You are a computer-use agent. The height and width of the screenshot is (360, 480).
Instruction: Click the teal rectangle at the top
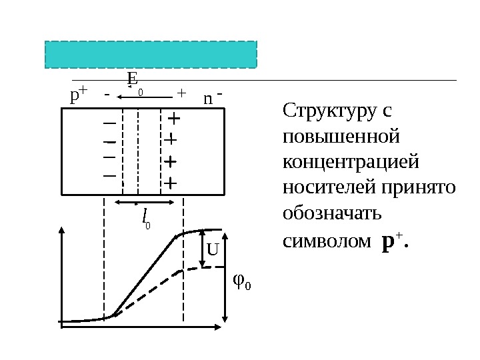(x=151, y=55)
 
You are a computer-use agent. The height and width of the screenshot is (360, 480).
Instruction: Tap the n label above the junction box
(x=208, y=99)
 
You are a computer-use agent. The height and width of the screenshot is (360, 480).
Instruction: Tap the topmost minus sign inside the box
(x=109, y=124)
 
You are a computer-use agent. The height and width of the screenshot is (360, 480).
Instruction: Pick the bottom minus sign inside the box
(x=109, y=175)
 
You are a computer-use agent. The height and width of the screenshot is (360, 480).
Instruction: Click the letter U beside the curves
(x=213, y=251)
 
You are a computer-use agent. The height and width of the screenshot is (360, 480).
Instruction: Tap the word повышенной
(x=341, y=136)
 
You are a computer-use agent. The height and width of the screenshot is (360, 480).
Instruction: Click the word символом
(x=326, y=241)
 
